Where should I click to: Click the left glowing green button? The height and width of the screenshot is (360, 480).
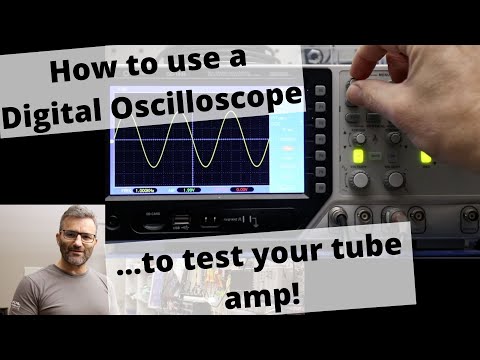point(359,156)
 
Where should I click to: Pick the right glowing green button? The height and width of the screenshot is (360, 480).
point(425,157)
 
